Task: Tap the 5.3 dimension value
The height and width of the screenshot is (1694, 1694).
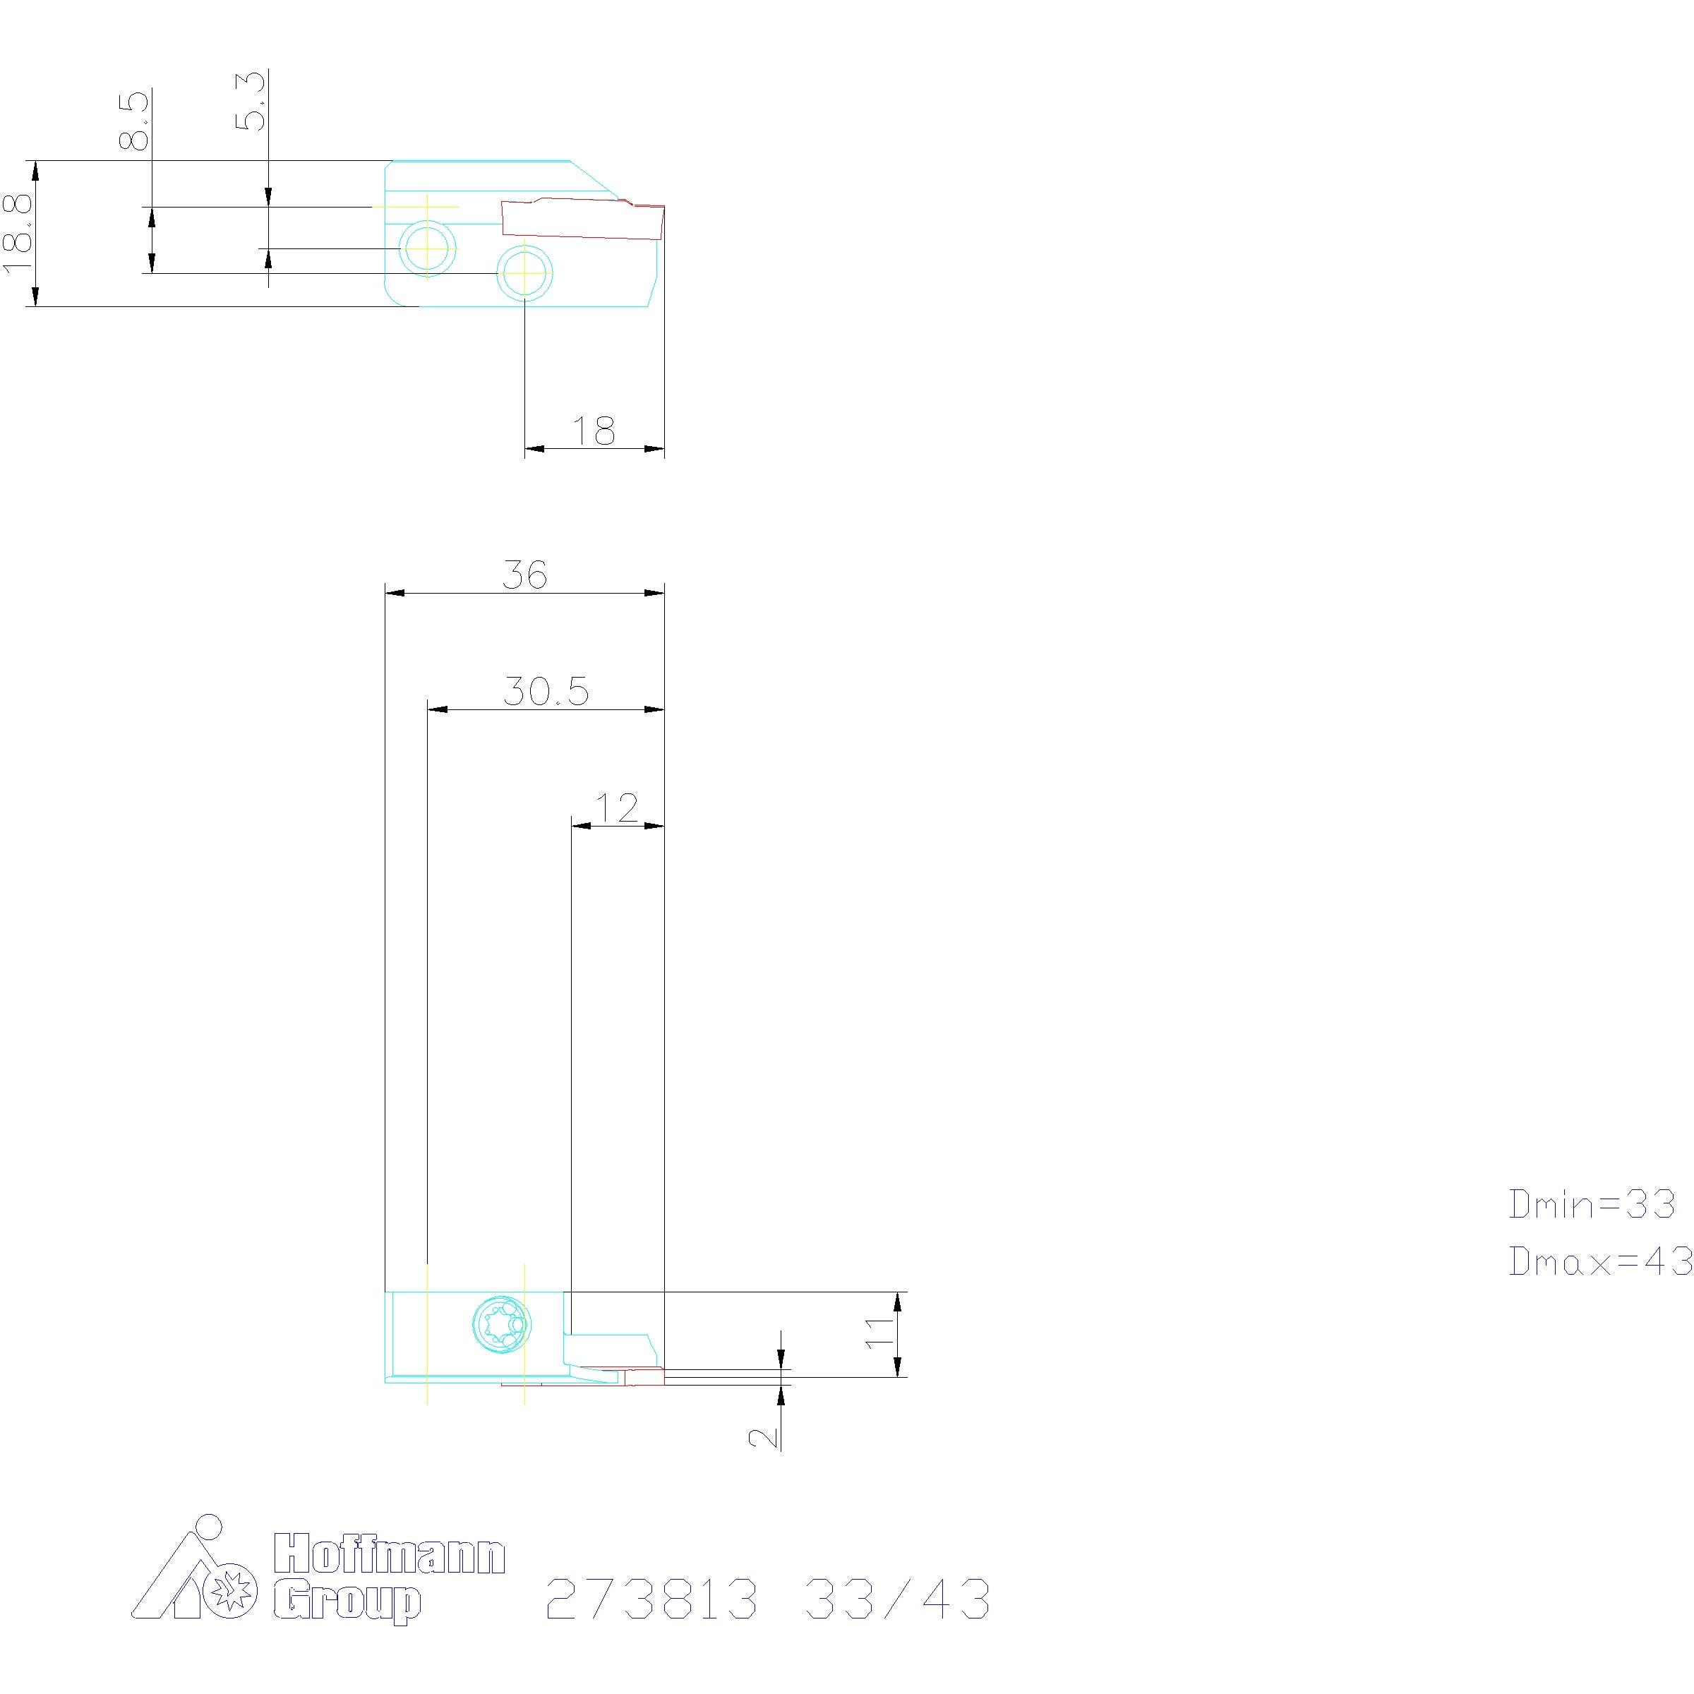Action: click(x=251, y=100)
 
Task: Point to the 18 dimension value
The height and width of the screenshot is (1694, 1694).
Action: click(x=594, y=431)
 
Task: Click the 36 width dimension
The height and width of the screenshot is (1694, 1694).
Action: click(x=524, y=575)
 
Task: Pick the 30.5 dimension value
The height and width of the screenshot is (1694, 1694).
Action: click(x=546, y=691)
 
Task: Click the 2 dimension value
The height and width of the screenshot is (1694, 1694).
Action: click(x=764, y=1436)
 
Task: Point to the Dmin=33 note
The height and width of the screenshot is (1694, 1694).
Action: click(x=1592, y=1204)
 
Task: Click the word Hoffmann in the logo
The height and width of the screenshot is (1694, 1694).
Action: click(x=390, y=1553)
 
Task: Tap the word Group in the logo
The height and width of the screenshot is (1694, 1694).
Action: click(x=347, y=1604)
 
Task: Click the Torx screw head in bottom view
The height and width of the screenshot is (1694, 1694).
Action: click(x=502, y=1323)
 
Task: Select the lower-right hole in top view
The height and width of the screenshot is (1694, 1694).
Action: click(x=524, y=274)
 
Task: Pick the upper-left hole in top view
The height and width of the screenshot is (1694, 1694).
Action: click(x=427, y=248)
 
